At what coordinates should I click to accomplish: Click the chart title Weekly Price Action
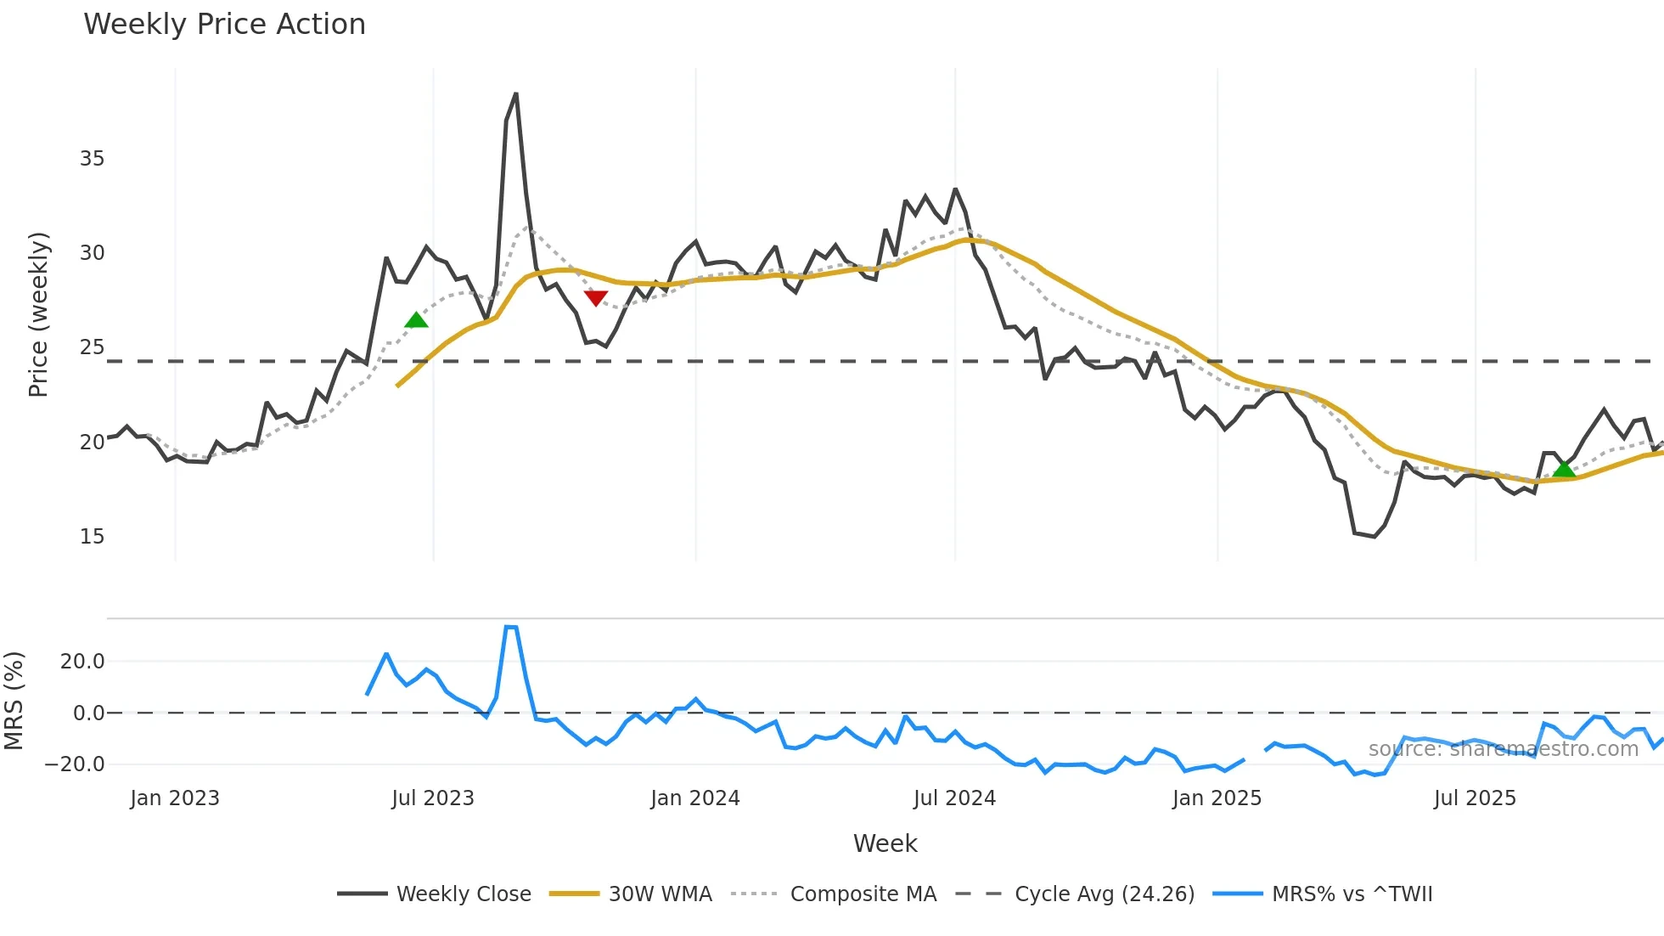tap(224, 25)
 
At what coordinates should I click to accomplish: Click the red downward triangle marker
tap(596, 297)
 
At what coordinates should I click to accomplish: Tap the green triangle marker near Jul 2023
tap(416, 320)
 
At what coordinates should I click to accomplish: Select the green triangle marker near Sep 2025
tap(1564, 469)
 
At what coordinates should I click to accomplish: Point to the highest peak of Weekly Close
tap(516, 94)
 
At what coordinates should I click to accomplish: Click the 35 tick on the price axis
tap(92, 159)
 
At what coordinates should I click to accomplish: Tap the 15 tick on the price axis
tap(92, 537)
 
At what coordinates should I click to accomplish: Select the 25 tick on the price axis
tap(92, 347)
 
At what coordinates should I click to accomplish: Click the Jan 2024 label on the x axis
tap(695, 798)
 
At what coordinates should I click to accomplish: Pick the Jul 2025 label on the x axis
tap(1475, 798)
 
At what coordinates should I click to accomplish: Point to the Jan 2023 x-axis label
tap(175, 798)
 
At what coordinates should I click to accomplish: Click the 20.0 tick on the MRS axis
tap(82, 662)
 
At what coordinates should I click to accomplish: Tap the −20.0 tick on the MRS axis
tap(76, 764)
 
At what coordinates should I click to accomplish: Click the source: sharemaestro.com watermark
tap(1503, 749)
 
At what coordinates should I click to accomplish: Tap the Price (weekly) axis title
tap(39, 314)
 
